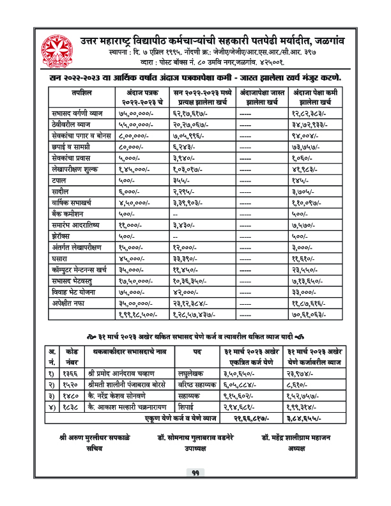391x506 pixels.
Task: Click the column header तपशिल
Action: (x=82, y=93)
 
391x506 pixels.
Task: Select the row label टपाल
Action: (x=61, y=181)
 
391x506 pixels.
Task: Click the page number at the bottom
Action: (x=195, y=491)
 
